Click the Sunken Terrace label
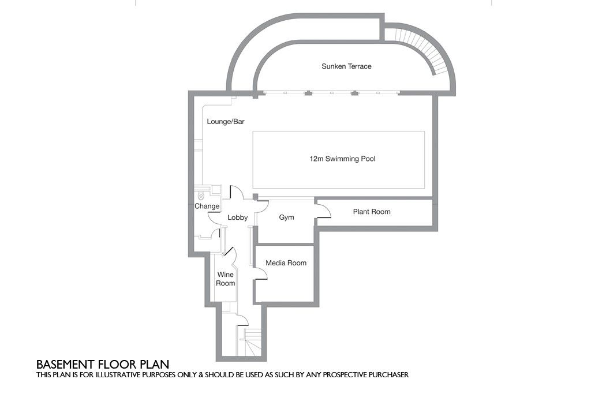click(346, 66)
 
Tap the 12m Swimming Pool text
click(342, 159)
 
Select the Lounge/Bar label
click(226, 122)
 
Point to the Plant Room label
click(372, 212)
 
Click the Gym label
click(286, 217)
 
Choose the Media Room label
click(286, 263)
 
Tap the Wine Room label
click(226, 279)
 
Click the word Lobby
click(237, 217)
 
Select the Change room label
click(207, 206)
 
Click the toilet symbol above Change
click(201, 196)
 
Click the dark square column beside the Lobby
click(255, 196)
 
